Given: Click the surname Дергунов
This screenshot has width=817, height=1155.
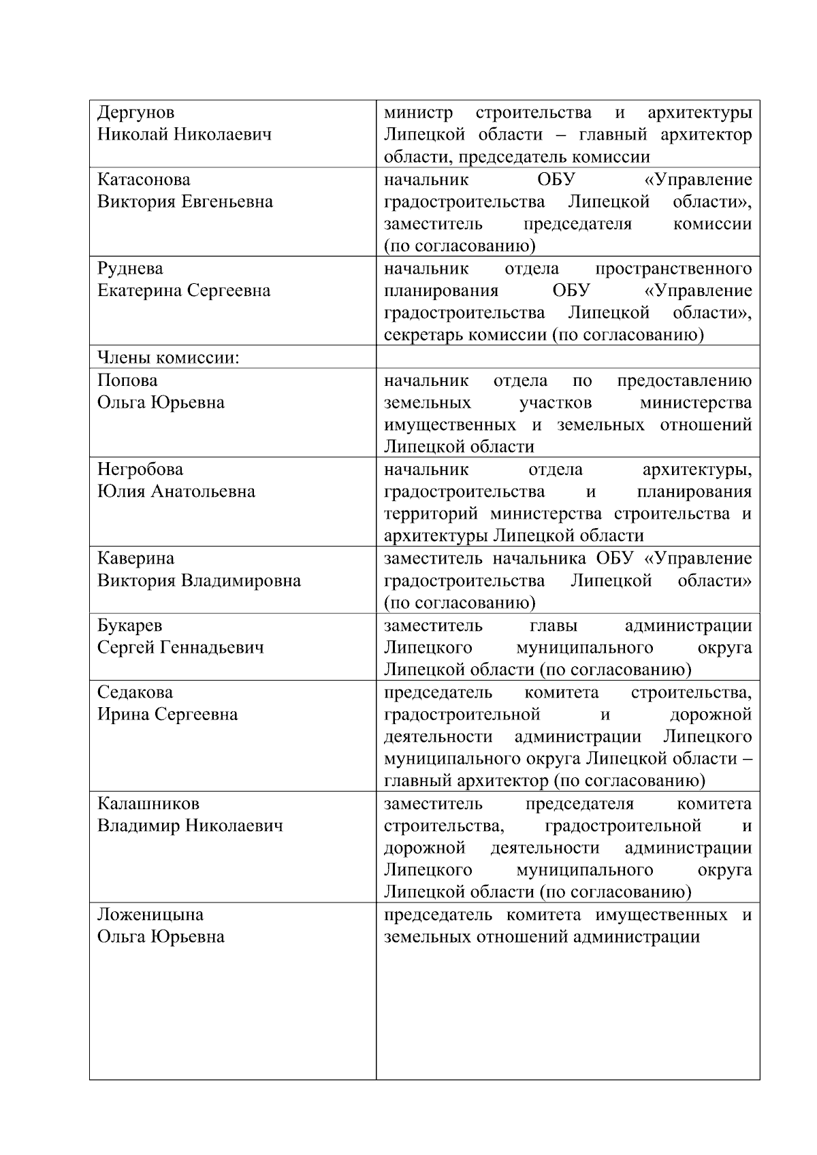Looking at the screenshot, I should pos(135,112).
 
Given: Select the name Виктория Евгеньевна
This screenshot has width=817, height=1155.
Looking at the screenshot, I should pos(185,202).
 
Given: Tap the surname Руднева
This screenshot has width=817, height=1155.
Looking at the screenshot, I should pos(130,269).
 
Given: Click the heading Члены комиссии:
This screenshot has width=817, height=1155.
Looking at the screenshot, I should pos(168,358).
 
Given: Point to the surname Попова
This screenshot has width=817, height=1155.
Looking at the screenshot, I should pos(127,380).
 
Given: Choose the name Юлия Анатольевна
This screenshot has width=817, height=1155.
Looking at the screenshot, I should pos(176,491).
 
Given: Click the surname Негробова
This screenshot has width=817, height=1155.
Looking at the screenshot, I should pos(140,470).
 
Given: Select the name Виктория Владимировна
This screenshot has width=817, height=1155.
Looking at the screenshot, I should pos(199,581).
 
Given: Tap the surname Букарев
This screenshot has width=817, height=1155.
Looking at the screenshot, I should pos(129,625).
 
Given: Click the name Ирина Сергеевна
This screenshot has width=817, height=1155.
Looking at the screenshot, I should pos(167,715).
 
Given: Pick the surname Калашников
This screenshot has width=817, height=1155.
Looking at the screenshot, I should pos(148,804).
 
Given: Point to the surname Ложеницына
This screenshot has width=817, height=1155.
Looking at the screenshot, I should pos(150,915).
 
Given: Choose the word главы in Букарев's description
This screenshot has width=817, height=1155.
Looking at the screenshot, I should pos(553,625).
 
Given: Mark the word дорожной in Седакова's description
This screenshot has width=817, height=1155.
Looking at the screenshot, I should pos(711,715).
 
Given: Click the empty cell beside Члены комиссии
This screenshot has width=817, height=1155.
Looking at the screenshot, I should pos(568,357).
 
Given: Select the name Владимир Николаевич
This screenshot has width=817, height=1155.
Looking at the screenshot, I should pos(190,826).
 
